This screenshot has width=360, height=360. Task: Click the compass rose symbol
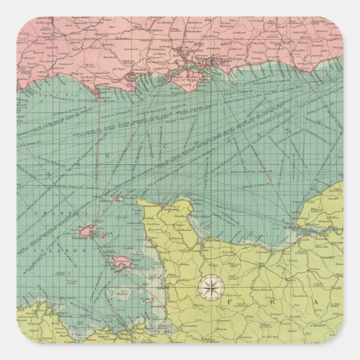point(210,287)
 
